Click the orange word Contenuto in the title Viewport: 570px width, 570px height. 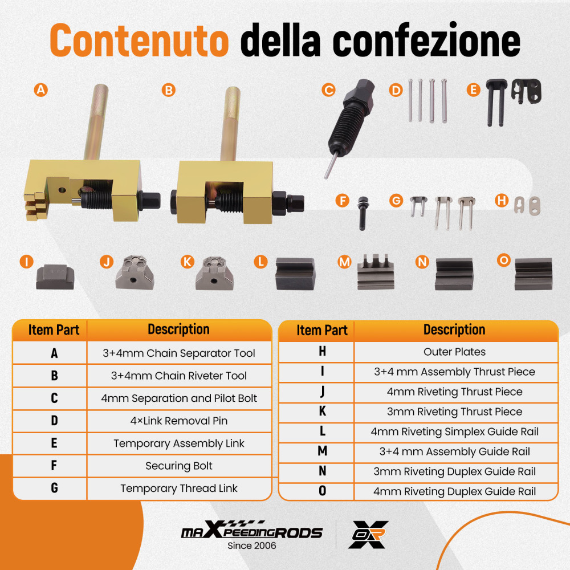tap(139, 40)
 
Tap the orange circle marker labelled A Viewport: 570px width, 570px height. tap(40, 90)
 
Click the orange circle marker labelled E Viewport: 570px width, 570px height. tap(473, 89)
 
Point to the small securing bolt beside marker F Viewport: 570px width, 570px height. tap(363, 213)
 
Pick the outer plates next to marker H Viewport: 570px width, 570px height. tap(527, 206)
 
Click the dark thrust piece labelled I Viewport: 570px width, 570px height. tap(55, 277)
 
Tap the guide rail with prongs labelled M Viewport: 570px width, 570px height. tap(376, 272)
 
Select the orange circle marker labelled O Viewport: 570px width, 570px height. tap(504, 260)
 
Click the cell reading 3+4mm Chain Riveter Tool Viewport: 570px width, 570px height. tap(179, 376)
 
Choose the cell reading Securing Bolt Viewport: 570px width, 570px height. tap(179, 466)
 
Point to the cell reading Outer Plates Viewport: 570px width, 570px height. tap(455, 352)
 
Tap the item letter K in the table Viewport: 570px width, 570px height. tap(322, 411)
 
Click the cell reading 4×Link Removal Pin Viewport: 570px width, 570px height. tap(179, 421)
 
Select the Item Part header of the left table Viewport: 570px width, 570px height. tap(54, 330)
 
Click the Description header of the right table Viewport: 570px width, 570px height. tap(454, 329)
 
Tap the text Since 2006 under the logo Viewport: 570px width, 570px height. tap(251, 545)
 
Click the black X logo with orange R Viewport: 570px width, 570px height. tap(368, 535)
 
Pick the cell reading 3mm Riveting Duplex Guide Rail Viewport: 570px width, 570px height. tap(455, 471)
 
